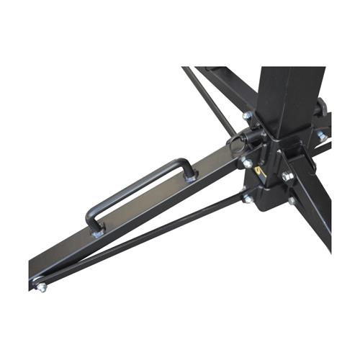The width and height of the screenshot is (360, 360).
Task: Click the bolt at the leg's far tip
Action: [41, 287]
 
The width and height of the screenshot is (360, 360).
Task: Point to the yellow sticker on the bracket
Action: [264, 173]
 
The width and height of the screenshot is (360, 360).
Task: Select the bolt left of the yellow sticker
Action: [248, 163]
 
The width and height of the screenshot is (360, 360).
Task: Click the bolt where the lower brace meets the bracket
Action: [248, 197]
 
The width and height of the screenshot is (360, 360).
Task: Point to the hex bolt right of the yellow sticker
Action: [287, 176]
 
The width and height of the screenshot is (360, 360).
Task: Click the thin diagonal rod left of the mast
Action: [209, 101]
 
